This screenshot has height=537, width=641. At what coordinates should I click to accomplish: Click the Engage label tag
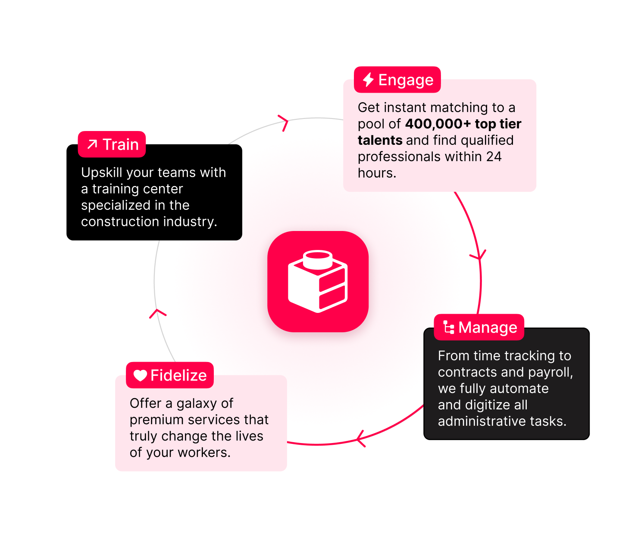(397, 80)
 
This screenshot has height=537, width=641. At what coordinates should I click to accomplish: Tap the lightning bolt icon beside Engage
(368, 80)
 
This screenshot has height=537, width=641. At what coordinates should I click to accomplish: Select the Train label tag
(112, 144)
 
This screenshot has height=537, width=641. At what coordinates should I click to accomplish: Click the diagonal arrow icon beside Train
(92, 144)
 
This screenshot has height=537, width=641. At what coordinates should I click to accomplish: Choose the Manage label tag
(479, 328)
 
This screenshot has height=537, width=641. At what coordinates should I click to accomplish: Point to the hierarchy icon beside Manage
(449, 328)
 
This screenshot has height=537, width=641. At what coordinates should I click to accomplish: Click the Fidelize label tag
(170, 375)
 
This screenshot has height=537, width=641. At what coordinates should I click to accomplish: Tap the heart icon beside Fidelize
(140, 375)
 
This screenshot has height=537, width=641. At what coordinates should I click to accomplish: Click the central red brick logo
(318, 281)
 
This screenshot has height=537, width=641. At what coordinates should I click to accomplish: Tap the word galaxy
(197, 404)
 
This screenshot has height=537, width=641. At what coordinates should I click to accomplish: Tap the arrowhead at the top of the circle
(283, 122)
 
